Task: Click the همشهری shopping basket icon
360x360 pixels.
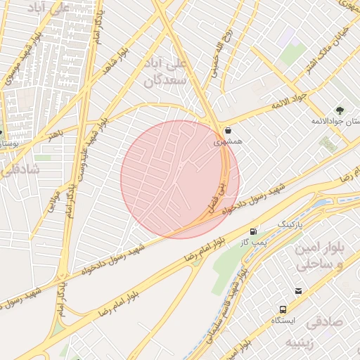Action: coord(229,131)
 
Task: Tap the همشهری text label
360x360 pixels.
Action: coord(228,142)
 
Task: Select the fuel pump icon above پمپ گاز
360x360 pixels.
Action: coord(252,231)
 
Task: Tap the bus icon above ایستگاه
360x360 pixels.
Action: coord(283,309)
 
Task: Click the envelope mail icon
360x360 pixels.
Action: coord(299,291)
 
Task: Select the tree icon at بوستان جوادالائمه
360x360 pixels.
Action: coord(340,110)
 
